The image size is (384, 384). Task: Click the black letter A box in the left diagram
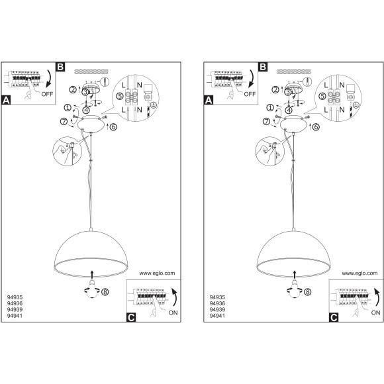(6, 101)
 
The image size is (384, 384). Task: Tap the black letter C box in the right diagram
(334, 318)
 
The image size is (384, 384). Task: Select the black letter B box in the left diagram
(60, 67)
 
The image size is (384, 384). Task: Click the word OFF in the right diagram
(250, 94)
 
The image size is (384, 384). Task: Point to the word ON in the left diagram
(173, 312)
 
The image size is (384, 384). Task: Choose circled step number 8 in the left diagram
(105, 292)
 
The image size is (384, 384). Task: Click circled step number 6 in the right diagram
(316, 127)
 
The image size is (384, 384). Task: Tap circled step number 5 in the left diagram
(120, 96)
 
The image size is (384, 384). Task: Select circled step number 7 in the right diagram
(266, 121)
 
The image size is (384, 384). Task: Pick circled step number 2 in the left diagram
(73, 90)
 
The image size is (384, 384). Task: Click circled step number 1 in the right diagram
(270, 107)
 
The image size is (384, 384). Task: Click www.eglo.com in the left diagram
(157, 273)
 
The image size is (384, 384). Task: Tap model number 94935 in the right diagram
(217, 297)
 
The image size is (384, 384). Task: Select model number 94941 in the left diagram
(15, 316)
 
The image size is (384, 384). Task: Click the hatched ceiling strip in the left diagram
(91, 72)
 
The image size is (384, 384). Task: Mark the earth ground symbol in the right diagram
(356, 105)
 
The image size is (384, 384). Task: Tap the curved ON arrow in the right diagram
(377, 297)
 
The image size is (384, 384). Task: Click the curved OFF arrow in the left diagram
(50, 78)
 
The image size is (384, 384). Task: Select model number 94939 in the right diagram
(217, 310)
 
